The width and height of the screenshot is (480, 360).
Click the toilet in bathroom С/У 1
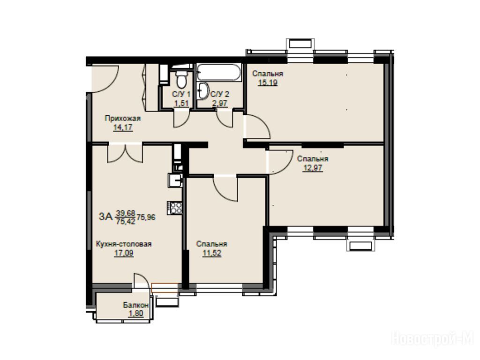(x=182, y=79)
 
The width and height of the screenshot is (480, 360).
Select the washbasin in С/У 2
(x=202, y=90)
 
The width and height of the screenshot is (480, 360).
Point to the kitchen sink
(x=175, y=180)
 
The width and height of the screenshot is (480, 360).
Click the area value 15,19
(x=268, y=82)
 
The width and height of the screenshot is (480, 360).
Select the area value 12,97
(x=313, y=168)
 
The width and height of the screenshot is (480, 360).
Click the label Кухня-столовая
(x=124, y=244)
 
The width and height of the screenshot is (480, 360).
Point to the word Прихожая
(x=122, y=118)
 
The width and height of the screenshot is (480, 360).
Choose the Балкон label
(x=136, y=305)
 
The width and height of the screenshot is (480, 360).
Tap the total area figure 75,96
(x=146, y=217)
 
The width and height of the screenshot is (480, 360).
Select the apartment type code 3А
(x=106, y=217)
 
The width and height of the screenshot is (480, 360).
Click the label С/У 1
(x=181, y=94)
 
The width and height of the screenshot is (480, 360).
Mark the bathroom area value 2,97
(x=220, y=103)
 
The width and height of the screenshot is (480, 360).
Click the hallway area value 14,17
(x=123, y=127)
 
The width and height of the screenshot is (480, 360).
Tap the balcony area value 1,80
(x=136, y=314)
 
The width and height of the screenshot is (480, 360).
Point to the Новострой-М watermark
(x=433, y=339)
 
